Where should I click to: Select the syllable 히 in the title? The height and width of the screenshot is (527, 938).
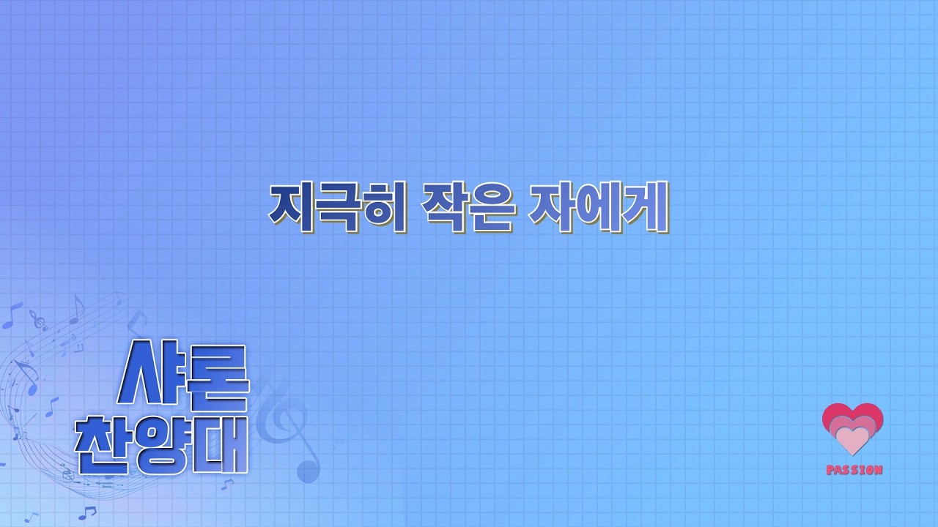384,206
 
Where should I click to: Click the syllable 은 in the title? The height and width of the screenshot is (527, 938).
491,207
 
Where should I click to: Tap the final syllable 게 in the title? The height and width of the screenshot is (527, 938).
646,206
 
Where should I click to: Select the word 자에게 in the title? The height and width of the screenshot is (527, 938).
598,206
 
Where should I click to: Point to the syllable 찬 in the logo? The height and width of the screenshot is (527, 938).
103,445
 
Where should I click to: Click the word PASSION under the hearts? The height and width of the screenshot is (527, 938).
854,470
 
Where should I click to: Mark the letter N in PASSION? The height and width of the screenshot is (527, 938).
878,470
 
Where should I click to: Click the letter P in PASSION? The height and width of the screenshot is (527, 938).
830,470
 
